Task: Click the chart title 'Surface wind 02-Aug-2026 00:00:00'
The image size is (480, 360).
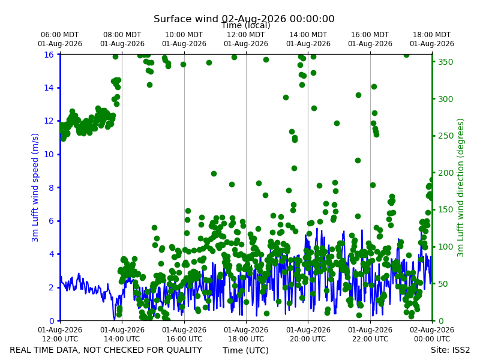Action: point(244,19)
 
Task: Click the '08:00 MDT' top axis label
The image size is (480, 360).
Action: point(122,35)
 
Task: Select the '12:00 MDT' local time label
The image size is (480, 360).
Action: point(246,35)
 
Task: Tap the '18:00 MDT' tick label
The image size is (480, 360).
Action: point(431,35)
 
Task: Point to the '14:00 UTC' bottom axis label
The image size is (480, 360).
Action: point(122,339)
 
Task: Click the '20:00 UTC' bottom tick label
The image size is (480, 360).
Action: point(308,339)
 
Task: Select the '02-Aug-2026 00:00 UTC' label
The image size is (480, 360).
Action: point(432,334)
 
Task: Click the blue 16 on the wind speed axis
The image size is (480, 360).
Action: point(49,55)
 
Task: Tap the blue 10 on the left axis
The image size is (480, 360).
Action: point(49,154)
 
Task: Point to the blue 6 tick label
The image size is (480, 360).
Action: point(51,221)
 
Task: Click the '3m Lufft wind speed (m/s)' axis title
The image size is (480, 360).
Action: point(35,187)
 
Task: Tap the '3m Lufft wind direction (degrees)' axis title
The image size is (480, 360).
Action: point(460,188)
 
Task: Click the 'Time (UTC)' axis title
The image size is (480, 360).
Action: point(245,350)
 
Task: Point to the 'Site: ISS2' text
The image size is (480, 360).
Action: point(451,350)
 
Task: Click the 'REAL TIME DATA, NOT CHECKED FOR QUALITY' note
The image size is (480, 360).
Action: point(106,350)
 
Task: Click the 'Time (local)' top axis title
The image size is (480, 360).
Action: point(246,25)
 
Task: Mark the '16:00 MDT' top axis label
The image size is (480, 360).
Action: point(370,35)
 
